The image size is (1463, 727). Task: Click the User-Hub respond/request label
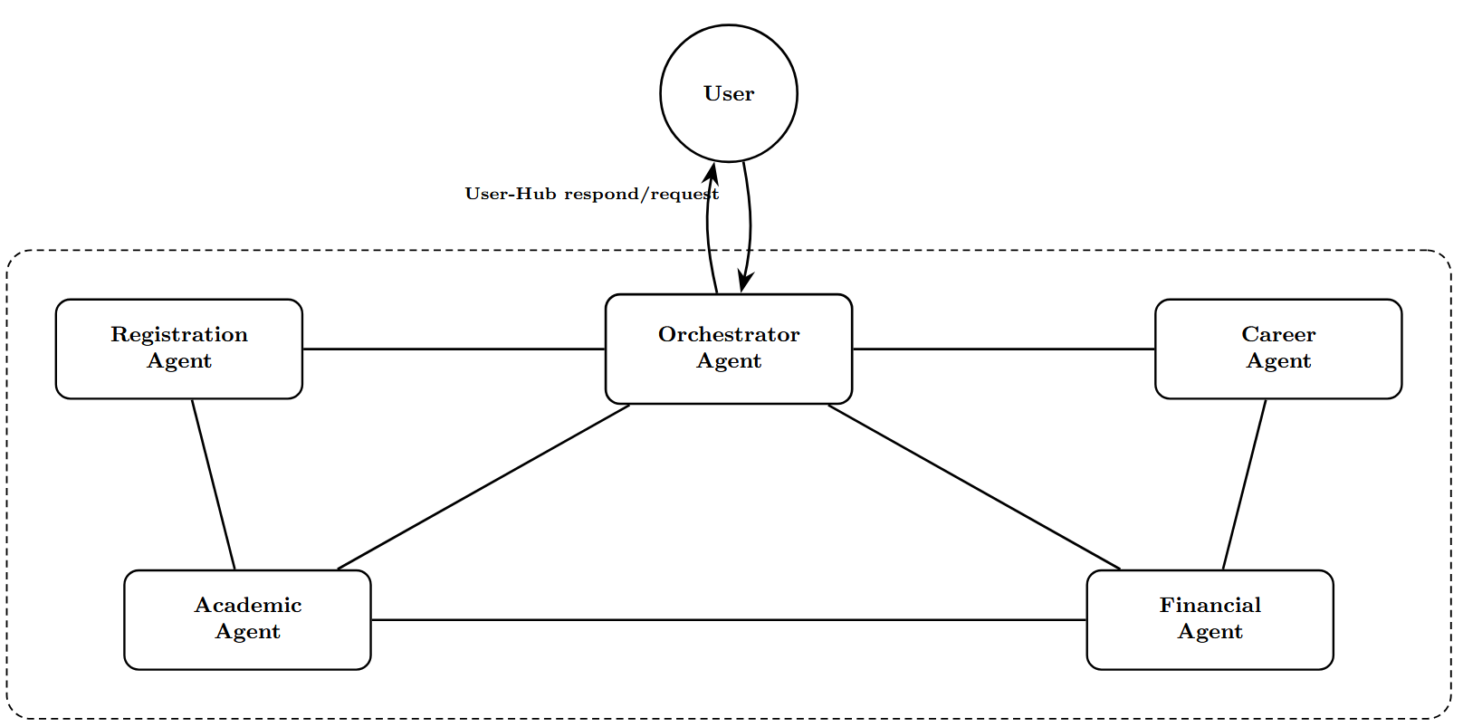591,194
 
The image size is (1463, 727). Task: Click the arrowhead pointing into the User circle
712,171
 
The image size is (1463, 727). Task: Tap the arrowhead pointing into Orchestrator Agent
744,282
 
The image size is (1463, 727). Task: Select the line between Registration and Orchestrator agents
453,349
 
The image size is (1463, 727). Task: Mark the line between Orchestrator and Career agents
1003,349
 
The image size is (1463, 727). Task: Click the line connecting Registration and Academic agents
214,484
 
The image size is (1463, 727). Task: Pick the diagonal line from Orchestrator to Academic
483,487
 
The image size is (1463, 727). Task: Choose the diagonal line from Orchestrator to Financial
974,487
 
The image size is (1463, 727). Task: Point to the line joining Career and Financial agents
1244,484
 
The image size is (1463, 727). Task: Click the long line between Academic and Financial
728,620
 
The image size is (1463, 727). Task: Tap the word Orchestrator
728,335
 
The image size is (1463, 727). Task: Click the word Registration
178,335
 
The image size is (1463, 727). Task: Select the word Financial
1209,605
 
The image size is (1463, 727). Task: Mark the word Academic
247,605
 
